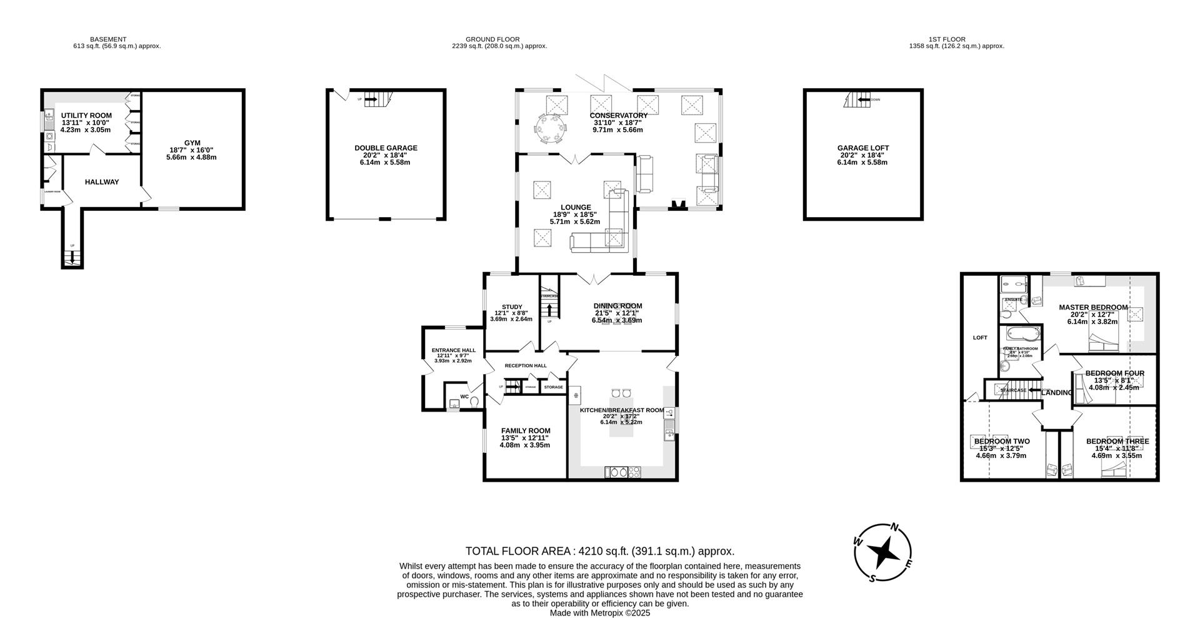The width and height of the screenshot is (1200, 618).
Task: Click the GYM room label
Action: pos(191,143)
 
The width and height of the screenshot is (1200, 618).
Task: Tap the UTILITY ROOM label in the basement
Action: pos(86,116)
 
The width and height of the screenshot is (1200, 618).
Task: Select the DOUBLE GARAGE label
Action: pos(386,148)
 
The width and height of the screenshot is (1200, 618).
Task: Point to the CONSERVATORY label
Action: pos(618,116)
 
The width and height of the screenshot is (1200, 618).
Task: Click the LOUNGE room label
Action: pos(575,208)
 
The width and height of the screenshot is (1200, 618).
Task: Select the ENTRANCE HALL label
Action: pos(453,350)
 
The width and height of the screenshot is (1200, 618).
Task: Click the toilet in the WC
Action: pos(474,402)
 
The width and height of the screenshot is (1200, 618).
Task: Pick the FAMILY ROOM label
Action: pos(526,430)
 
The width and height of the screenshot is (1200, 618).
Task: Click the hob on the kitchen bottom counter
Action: pos(634,472)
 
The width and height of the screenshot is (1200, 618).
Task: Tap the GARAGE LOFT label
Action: pos(862,148)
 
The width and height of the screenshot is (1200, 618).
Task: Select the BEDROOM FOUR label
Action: pos(1114,373)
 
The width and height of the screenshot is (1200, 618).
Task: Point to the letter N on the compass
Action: pos(895,527)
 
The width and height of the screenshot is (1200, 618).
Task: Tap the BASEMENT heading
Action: pos(108,39)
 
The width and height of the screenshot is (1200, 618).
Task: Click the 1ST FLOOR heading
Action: pos(946,39)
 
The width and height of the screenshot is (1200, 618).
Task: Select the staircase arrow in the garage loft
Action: pos(864,99)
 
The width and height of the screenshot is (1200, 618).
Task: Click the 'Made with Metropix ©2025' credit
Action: pos(599,613)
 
